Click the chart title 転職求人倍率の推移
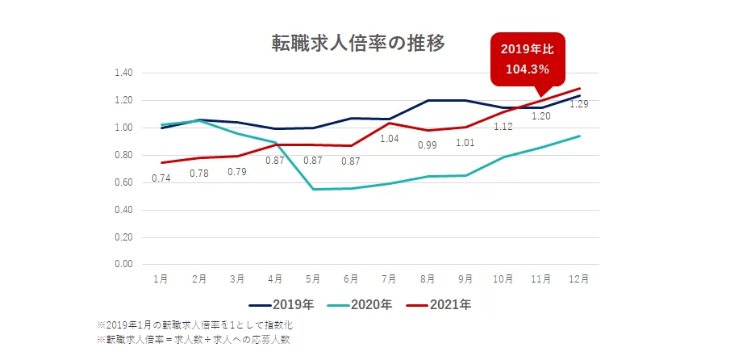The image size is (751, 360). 358,43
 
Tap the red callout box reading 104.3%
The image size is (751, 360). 528,59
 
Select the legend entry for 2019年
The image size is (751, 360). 280,305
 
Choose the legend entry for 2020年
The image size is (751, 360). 359,305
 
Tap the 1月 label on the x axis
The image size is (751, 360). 161,279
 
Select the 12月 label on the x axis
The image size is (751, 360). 578,279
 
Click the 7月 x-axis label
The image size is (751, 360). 389,279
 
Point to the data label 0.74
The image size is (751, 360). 162,178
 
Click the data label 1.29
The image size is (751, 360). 578,104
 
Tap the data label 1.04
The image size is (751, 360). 389,139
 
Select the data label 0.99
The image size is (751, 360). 427,145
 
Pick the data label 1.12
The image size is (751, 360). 503,127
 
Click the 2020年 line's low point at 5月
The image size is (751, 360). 313,189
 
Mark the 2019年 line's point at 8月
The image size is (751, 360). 427,101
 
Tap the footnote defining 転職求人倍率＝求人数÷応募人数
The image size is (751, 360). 193,340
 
